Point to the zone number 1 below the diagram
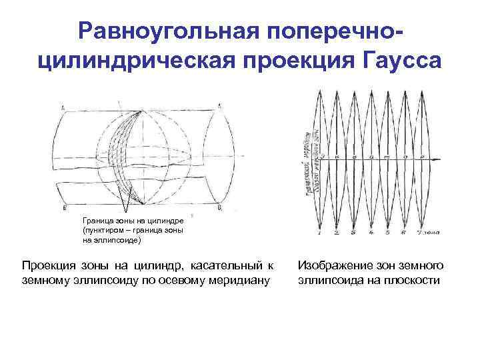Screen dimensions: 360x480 pos(320,233)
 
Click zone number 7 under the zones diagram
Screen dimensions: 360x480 pos(418,233)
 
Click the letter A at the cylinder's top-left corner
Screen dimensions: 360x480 pos(62,107)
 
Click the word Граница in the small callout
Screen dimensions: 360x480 pos(97,219)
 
